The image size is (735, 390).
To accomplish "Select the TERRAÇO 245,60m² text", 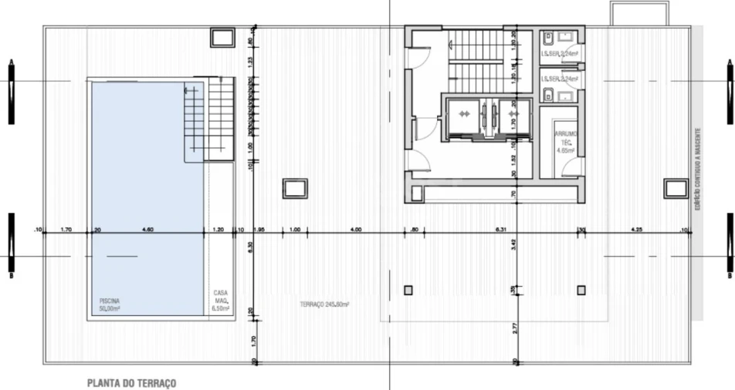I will (325, 304).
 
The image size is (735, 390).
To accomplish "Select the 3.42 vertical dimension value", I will (513, 247).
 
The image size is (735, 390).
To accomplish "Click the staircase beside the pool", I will (208, 119).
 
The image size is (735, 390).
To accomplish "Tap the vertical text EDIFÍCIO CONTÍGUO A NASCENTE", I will (698, 170).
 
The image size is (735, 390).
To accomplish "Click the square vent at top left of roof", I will (222, 37).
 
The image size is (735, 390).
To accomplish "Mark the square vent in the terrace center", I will (295, 187).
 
